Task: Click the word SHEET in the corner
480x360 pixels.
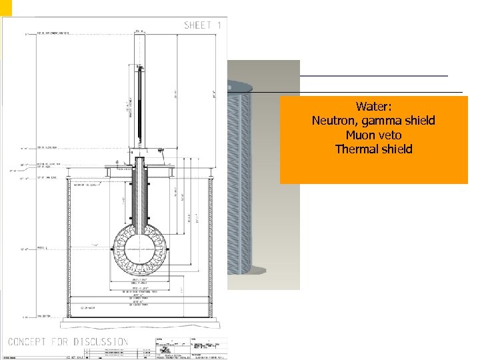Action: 197,25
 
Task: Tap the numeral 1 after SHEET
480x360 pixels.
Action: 217,25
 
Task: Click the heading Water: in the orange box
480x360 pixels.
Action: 373,107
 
